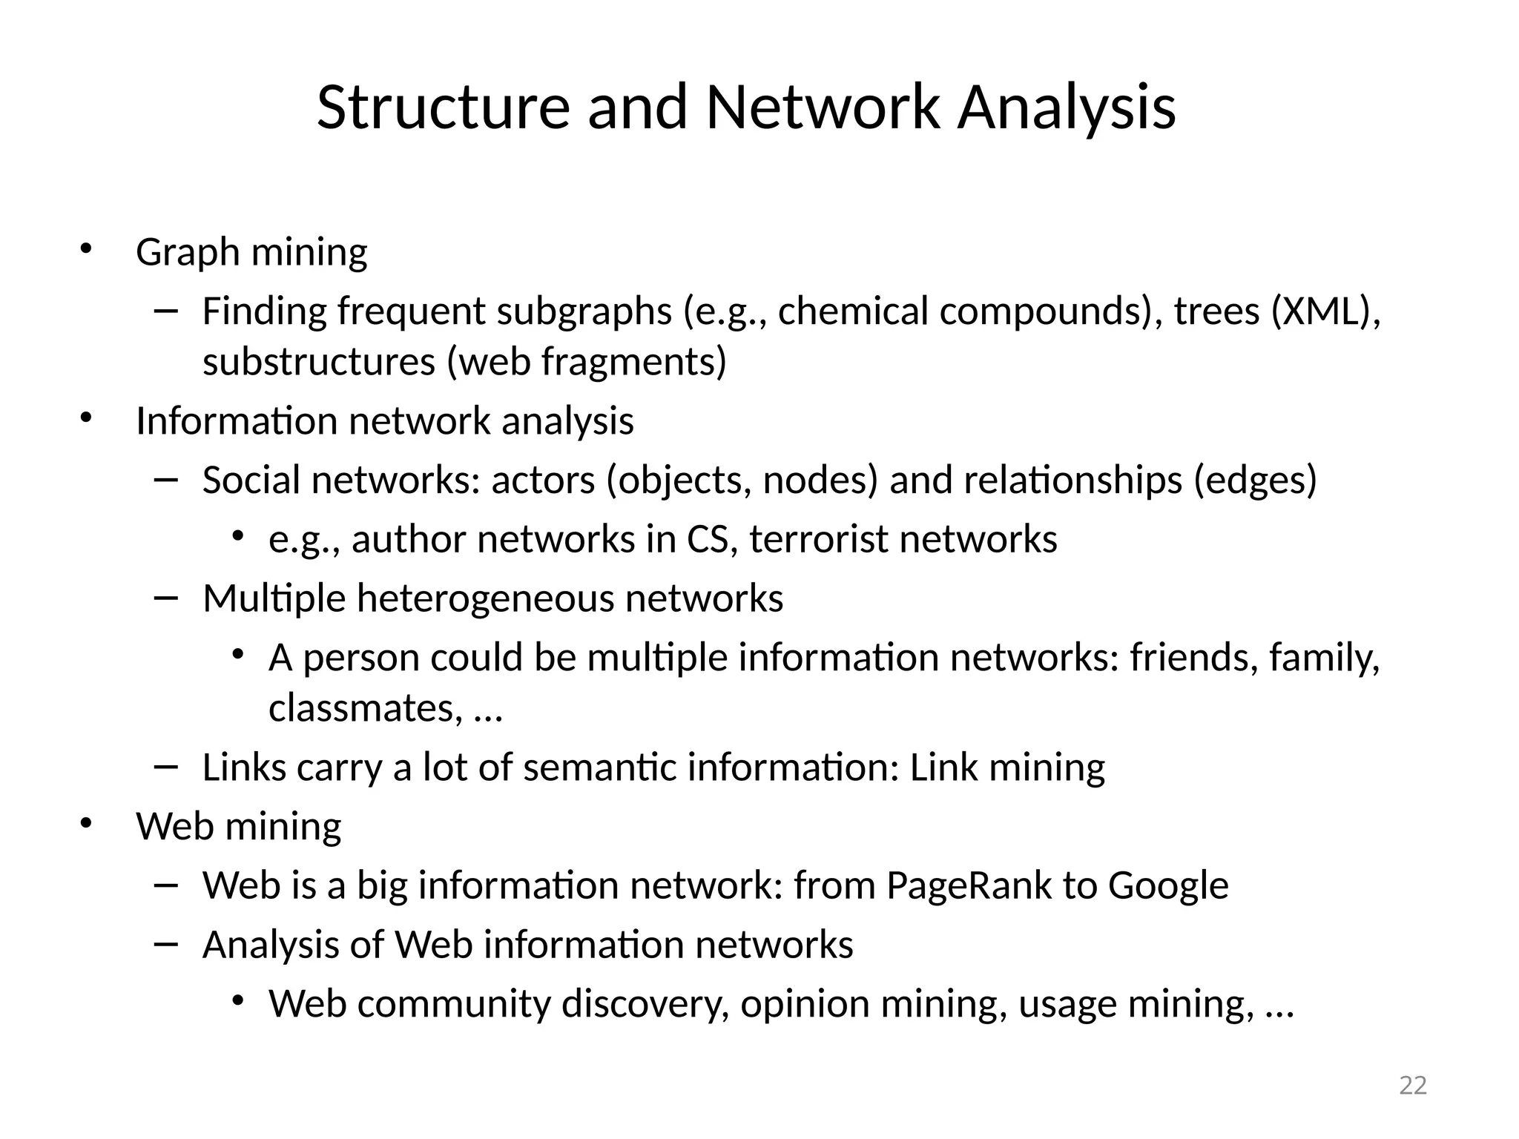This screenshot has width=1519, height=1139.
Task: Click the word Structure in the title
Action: coord(443,108)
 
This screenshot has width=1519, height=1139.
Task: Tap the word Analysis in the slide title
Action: coord(1066,108)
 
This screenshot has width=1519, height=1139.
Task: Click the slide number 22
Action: coord(1412,1085)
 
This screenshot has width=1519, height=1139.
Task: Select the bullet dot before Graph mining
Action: coord(86,248)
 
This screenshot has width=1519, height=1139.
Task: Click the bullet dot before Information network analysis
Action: coord(86,417)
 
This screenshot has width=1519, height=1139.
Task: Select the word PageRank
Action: coord(969,885)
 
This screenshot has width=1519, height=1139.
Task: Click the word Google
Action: coord(1167,885)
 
